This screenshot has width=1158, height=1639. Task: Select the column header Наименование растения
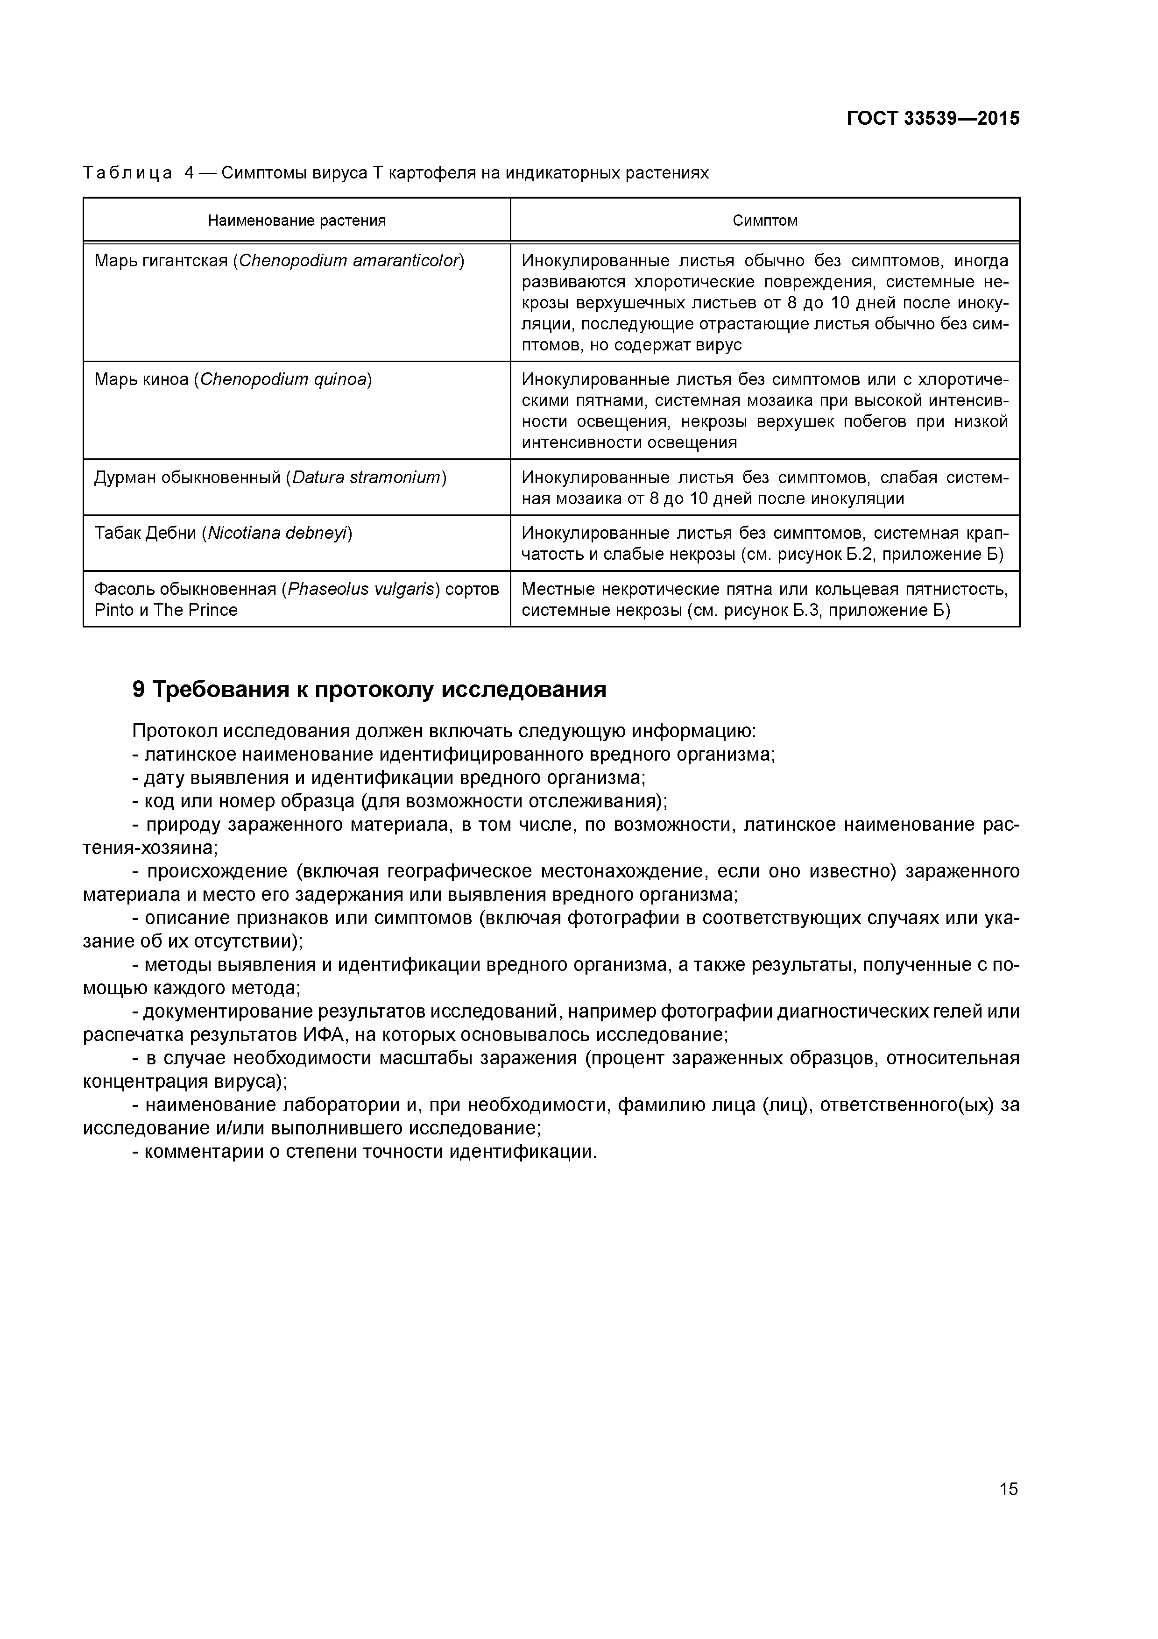[x=297, y=221]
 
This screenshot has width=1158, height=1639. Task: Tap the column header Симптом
[x=765, y=221]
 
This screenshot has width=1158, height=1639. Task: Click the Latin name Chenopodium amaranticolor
[x=349, y=261]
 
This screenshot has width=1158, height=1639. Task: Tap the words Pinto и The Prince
[x=166, y=610]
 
